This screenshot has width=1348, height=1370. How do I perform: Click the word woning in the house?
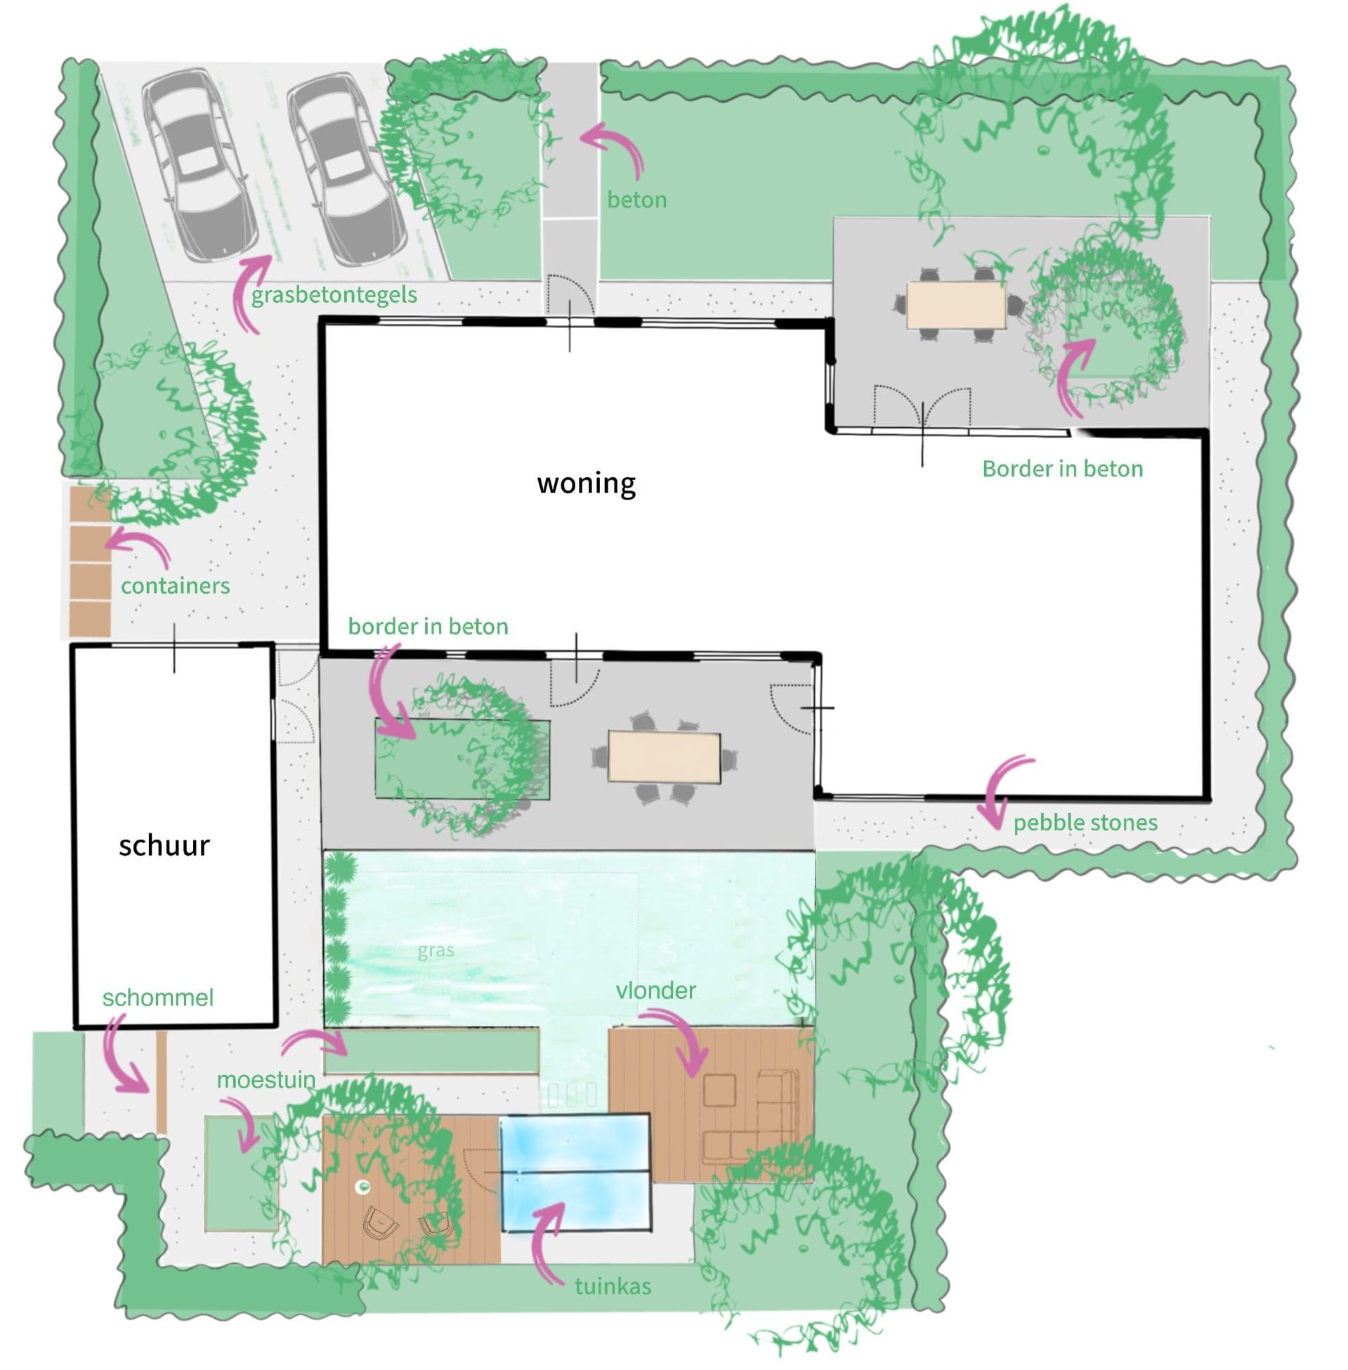587,484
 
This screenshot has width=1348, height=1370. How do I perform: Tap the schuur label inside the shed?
164,845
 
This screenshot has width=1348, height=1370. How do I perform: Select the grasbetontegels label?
334,294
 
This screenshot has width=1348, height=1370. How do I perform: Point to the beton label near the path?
636,200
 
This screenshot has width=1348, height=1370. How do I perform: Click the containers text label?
176,585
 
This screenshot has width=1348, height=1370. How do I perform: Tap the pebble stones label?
1085,823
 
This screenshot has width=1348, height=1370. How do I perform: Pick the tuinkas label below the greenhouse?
613,1286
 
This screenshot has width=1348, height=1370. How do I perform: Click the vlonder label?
655,990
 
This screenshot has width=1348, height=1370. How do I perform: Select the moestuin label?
266,1080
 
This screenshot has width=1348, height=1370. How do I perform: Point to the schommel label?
158,998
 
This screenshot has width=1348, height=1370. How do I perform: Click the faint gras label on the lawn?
436,951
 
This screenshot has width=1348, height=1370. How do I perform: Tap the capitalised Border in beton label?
1062,469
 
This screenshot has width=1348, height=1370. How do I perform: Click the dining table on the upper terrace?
956,305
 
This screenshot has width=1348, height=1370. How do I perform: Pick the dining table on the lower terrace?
664,757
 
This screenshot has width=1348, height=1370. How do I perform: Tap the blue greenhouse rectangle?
575,1173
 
